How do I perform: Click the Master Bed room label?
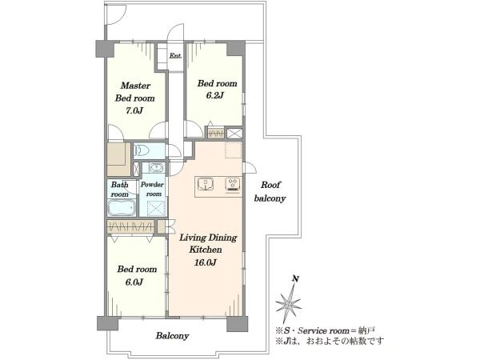click(x=134, y=92)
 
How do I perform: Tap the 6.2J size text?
click(x=214, y=95)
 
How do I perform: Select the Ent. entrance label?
click(x=175, y=56)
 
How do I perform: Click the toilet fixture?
click(x=142, y=150)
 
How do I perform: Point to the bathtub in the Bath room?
click(x=122, y=208)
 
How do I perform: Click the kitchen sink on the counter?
click(x=206, y=184)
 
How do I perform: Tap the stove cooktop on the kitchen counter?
click(x=234, y=185)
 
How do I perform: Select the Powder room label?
click(x=152, y=189)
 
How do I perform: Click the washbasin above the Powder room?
click(x=157, y=168)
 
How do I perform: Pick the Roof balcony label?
click(x=270, y=192)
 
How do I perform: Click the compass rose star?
click(x=289, y=304)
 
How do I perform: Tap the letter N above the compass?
click(x=295, y=278)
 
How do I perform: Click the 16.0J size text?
click(x=206, y=262)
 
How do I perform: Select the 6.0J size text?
click(x=134, y=282)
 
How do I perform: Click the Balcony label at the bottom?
click(x=172, y=336)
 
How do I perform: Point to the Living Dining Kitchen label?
click(x=208, y=243)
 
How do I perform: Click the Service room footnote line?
click(x=325, y=330)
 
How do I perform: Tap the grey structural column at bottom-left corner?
click(x=107, y=323)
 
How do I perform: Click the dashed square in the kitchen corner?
click(x=234, y=150)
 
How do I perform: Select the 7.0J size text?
click(x=134, y=110)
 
